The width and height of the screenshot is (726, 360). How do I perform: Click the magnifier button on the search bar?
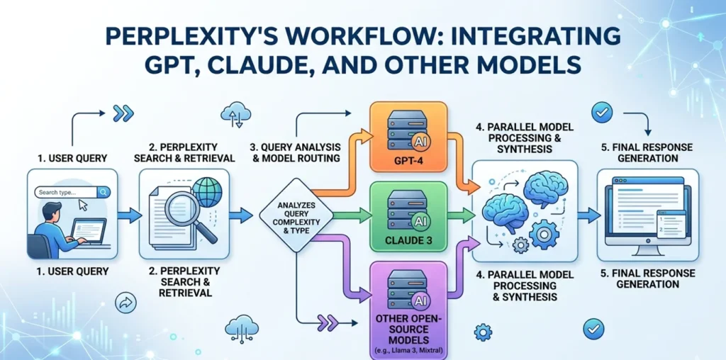coord(104,191)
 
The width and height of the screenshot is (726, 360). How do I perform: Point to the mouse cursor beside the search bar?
coord(84,205)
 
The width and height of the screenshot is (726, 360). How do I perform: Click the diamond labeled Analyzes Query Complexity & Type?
coord(291,215)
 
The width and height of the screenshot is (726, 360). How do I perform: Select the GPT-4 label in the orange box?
coord(408,159)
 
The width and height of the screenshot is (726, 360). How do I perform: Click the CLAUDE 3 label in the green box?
coord(408,240)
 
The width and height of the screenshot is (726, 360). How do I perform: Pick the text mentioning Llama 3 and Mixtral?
coord(408,351)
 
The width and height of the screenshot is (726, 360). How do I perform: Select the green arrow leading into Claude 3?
coord(351,213)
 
